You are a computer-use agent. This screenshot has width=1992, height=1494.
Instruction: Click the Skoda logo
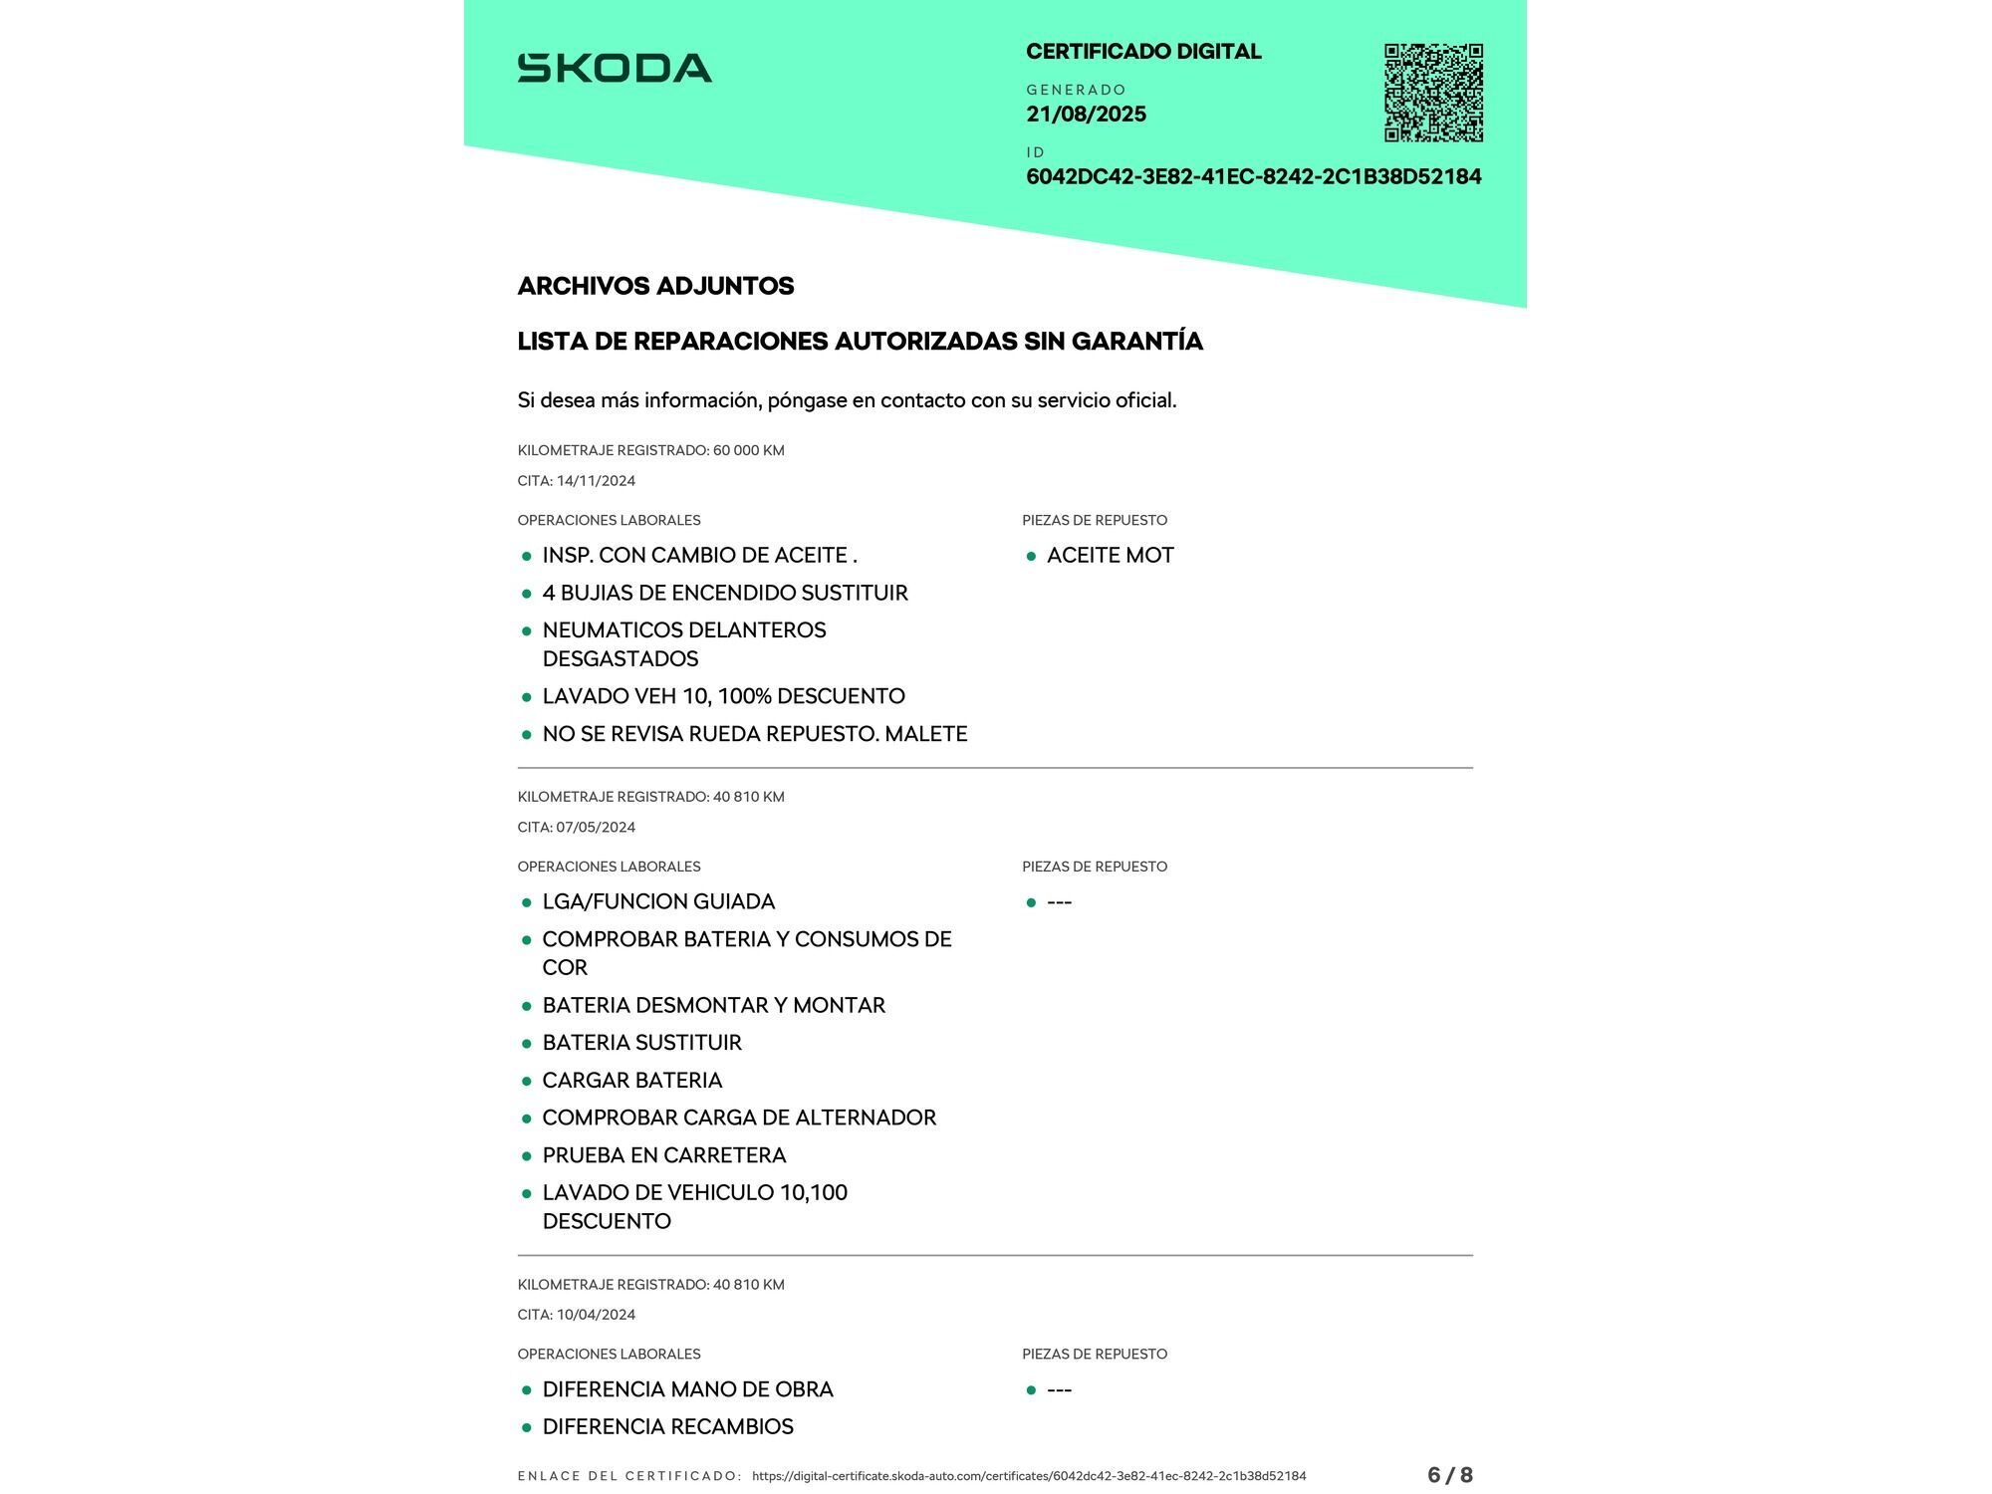tap(615, 68)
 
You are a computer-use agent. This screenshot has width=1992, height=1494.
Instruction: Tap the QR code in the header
tap(1433, 93)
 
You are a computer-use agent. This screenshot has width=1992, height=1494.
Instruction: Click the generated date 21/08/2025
tap(1086, 115)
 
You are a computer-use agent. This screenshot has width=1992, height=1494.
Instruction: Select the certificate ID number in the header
tap(1253, 177)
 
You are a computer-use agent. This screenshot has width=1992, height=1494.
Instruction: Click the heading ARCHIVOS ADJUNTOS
tap(655, 286)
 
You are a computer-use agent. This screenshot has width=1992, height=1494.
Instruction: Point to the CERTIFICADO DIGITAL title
tap(1143, 52)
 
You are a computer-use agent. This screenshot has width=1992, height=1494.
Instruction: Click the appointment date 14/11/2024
tap(596, 481)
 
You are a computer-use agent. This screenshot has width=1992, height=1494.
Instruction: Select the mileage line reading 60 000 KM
tap(650, 450)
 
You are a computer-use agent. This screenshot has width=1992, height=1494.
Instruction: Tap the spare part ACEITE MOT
tap(1110, 556)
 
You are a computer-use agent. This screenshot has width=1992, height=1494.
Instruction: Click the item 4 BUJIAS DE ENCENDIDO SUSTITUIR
tap(724, 594)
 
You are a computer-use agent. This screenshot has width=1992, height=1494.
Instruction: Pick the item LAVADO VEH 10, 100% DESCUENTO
tap(723, 696)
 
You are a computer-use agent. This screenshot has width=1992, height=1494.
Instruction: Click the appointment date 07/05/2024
tap(596, 828)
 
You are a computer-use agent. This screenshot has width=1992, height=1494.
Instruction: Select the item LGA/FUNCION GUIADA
tap(657, 902)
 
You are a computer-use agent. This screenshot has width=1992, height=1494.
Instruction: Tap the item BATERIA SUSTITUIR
tap(641, 1043)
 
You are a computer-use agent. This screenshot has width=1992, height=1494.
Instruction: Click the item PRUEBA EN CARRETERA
tap(663, 1155)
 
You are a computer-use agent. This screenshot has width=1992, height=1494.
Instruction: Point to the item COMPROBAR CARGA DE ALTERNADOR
tap(738, 1118)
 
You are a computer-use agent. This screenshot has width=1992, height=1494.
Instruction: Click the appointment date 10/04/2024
tap(596, 1315)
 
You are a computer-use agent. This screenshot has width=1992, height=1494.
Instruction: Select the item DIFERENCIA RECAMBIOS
tap(667, 1427)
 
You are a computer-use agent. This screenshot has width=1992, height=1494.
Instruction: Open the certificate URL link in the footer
tap(1028, 1476)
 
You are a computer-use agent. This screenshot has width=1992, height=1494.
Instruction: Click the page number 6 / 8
tap(1449, 1475)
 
